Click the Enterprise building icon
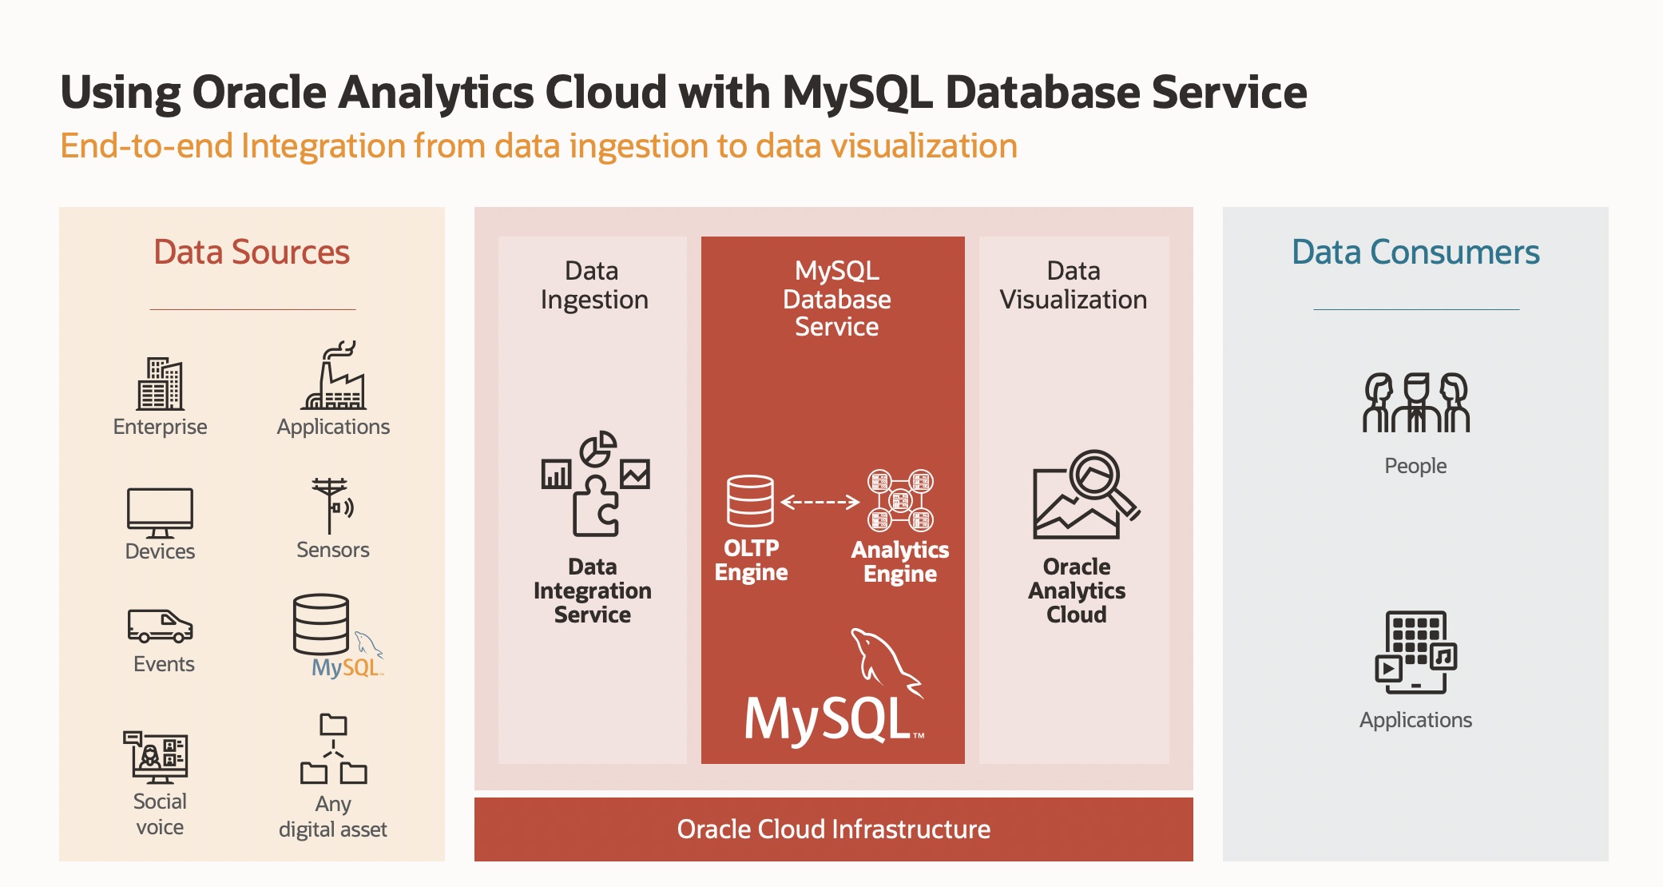point(160,384)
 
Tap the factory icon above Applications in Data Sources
point(334,376)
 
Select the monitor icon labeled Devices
point(160,512)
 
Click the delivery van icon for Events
point(160,626)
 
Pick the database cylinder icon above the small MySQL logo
point(321,624)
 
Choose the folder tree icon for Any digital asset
point(334,749)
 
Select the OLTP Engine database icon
point(750,501)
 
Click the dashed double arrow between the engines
point(820,502)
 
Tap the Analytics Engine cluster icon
point(901,500)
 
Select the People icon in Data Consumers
point(1416,403)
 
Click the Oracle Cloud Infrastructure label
point(834,829)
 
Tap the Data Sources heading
point(252,252)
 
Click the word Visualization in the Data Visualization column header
point(1074,300)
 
